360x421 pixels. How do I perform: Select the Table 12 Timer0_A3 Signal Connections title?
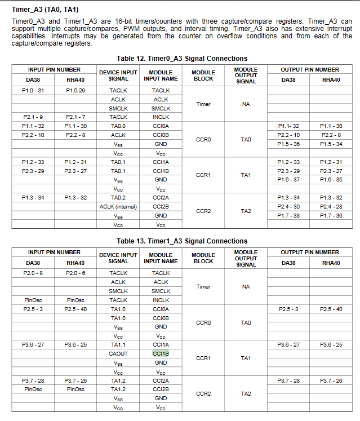pos(181,59)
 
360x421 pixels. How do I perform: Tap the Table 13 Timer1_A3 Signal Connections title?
pos(181,241)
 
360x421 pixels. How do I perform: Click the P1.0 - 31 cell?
pos(33,90)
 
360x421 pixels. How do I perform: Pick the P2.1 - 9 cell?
pos(33,117)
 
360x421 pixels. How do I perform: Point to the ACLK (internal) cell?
pos(118,207)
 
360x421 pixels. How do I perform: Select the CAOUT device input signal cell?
pos(118,353)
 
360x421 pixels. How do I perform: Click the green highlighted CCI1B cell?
pos(161,353)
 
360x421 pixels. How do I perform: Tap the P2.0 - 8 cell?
pos(33,273)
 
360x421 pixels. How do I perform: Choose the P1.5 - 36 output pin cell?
pos(288,144)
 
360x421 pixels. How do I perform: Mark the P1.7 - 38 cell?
pos(288,215)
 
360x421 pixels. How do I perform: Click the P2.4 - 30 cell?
pos(288,206)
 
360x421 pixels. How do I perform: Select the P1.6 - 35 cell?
pos(331,180)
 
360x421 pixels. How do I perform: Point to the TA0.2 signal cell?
pos(118,198)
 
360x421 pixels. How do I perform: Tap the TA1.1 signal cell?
pos(118,344)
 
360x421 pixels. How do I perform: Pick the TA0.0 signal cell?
pos(118,126)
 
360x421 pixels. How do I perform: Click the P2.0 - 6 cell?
pos(75,273)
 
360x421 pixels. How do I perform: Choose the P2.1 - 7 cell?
pos(75,117)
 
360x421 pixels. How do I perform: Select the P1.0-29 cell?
pos(75,90)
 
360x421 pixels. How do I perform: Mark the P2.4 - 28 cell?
pos(331,206)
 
